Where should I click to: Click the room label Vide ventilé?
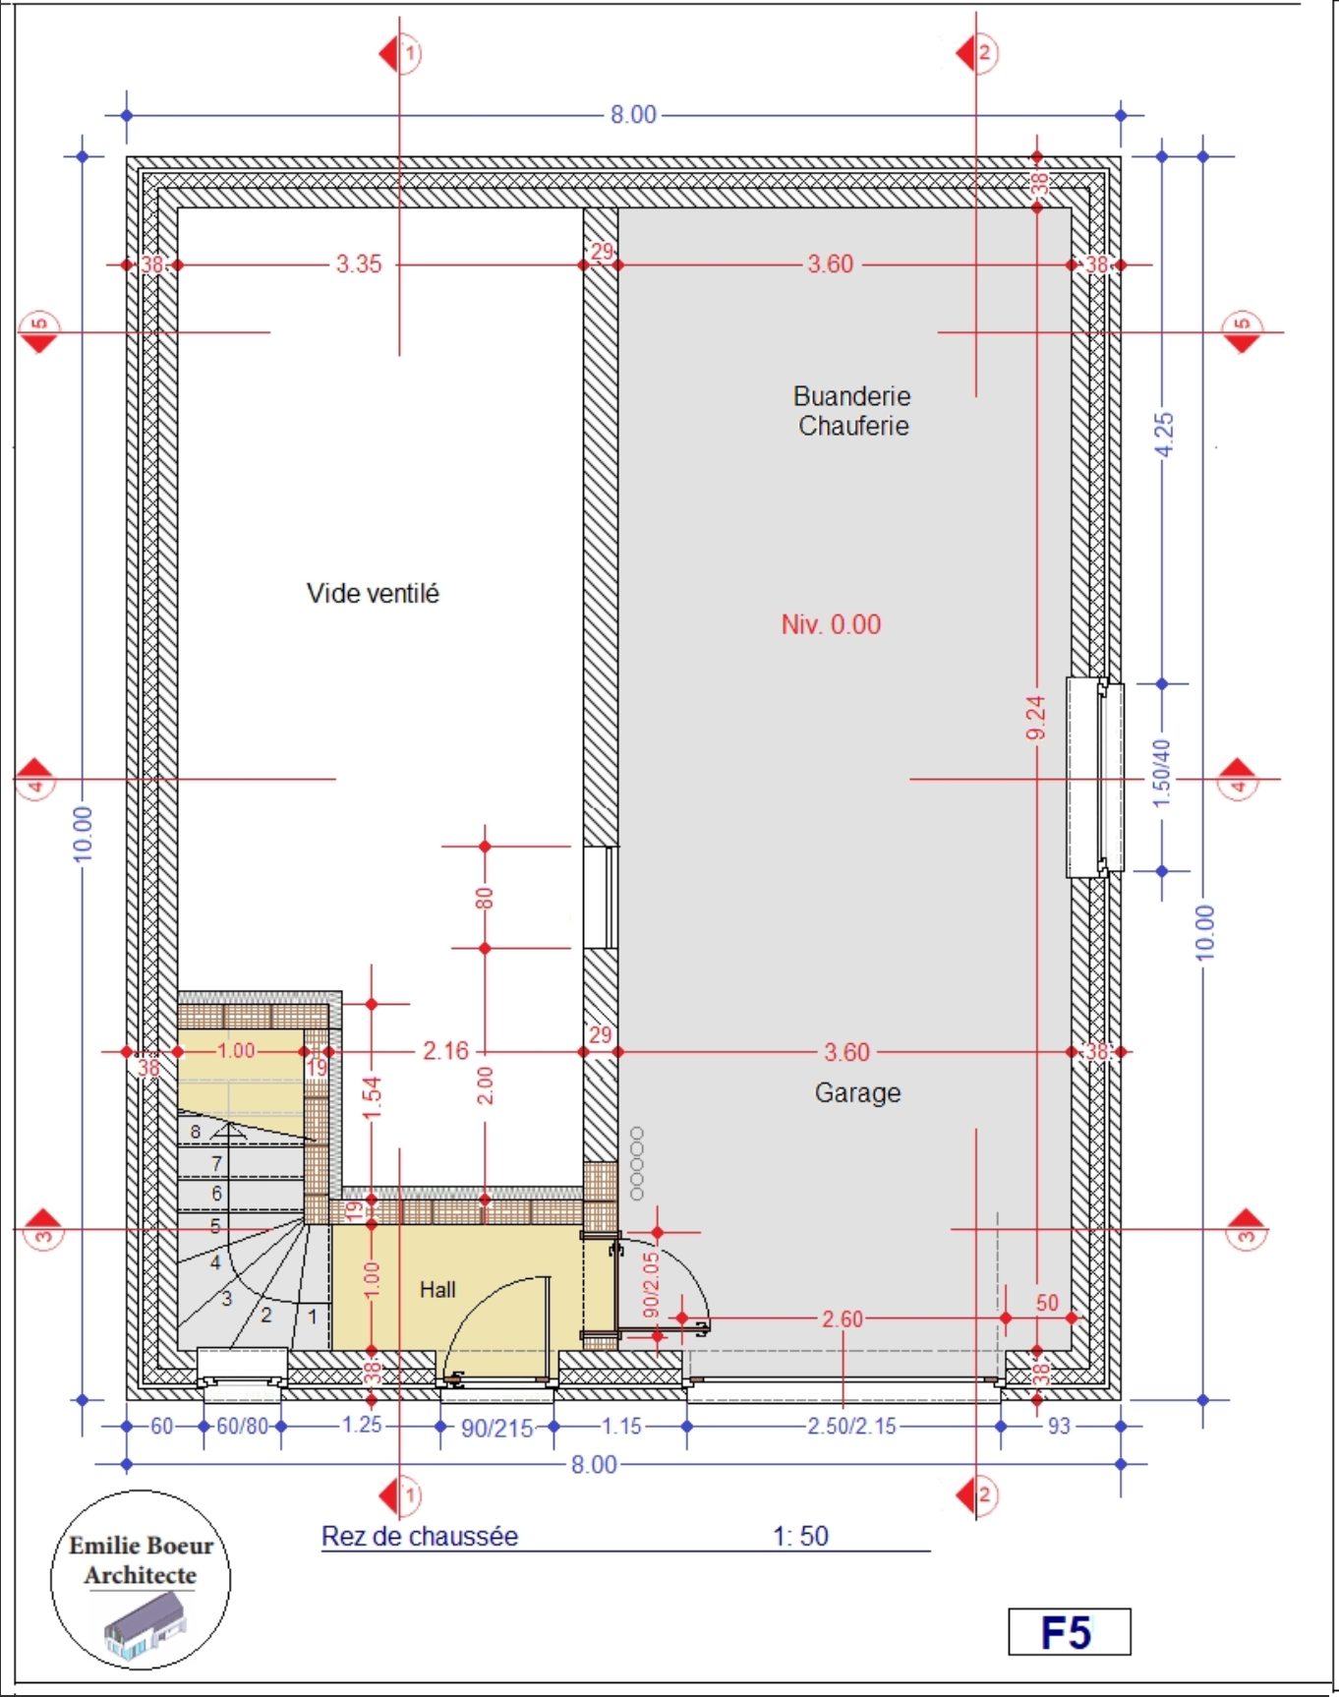pyautogui.click(x=373, y=593)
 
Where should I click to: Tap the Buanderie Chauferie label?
pyautogui.click(x=852, y=411)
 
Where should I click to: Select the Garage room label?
pyautogui.click(x=857, y=1092)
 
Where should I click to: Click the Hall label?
pyautogui.click(x=437, y=1289)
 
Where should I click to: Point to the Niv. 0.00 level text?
pyautogui.click(x=831, y=624)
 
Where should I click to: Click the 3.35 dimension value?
pyautogui.click(x=359, y=263)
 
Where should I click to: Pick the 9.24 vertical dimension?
pyautogui.click(x=1035, y=719)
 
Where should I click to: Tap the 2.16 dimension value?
pyautogui.click(x=446, y=1051)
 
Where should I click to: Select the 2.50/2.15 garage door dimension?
pyautogui.click(x=852, y=1426)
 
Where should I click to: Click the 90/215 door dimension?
pyautogui.click(x=497, y=1428)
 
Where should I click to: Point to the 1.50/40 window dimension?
pyautogui.click(x=1162, y=773)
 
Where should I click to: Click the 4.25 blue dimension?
pyautogui.click(x=1164, y=434)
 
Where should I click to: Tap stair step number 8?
pyautogui.click(x=196, y=1132)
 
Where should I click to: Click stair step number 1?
pyautogui.click(x=313, y=1316)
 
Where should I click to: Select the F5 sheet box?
pyautogui.click(x=1070, y=1632)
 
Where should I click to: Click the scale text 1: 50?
pyautogui.click(x=800, y=1536)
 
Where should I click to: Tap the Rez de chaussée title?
pyautogui.click(x=420, y=1536)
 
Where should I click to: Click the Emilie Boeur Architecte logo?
pyautogui.click(x=141, y=1580)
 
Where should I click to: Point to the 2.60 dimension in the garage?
pyautogui.click(x=843, y=1318)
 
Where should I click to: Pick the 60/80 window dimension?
pyautogui.click(x=242, y=1426)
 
